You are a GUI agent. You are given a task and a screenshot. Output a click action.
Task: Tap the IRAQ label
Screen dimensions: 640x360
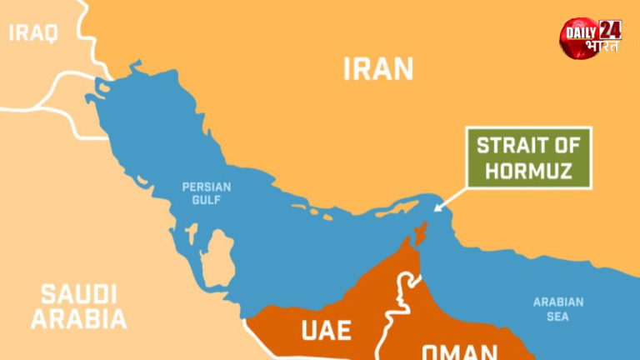33,33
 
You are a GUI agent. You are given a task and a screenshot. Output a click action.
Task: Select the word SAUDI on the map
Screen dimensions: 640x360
78,293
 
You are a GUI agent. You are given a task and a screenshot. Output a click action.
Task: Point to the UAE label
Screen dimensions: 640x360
326,330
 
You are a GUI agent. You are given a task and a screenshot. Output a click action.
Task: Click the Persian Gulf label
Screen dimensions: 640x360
207,193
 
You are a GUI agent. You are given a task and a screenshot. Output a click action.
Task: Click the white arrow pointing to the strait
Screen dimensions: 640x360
451,199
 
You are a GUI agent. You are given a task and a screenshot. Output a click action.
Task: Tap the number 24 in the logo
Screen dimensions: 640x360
610,30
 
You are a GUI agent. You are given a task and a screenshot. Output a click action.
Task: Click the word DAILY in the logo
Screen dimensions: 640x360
581,32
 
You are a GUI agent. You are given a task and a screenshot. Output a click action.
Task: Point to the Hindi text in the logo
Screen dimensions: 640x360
601,47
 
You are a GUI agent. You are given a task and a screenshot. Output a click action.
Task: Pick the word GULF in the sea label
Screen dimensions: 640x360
207,201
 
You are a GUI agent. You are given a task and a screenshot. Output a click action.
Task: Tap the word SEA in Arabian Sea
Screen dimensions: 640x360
558,317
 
